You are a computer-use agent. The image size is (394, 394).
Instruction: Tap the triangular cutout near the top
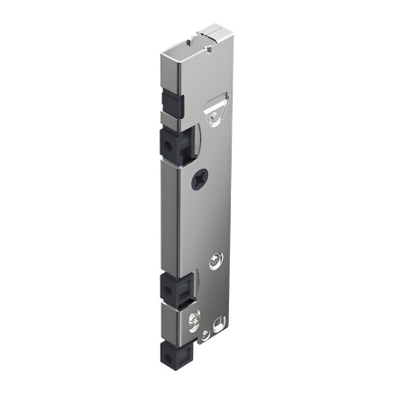tap(215, 110)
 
